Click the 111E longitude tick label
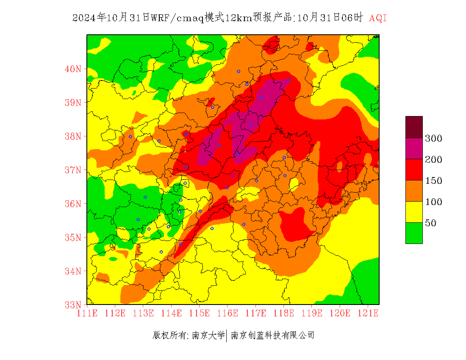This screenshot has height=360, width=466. (87, 313)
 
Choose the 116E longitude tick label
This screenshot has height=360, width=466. (227, 313)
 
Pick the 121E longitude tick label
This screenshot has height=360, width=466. (368, 313)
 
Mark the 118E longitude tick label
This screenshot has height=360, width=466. (284, 313)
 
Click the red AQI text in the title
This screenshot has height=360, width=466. (378, 18)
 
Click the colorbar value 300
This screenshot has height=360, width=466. (433, 138)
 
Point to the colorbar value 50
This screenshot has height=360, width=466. (430, 223)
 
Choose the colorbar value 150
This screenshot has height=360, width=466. (433, 180)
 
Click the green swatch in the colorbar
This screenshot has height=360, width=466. (413, 233)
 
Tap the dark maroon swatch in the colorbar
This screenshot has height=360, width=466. (413, 127)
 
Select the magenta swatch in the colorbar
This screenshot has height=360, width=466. (413, 148)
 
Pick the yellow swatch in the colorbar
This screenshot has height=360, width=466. (413, 212)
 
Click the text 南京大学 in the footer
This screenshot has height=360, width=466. (208, 335)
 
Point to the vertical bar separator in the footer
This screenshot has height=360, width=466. (227, 335)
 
